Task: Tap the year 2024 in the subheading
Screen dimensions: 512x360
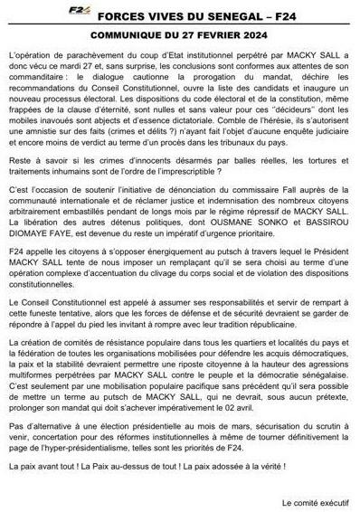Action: pos(236,28)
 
